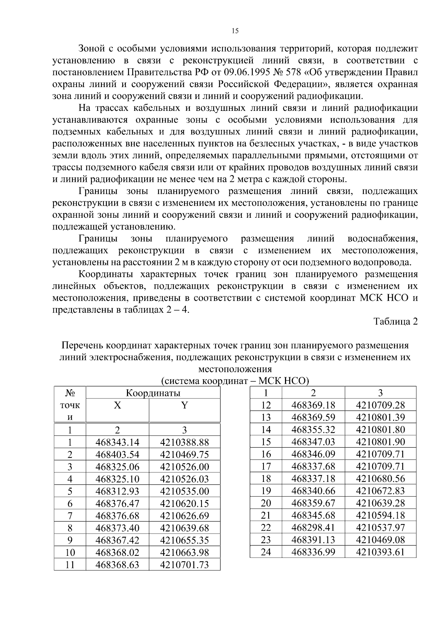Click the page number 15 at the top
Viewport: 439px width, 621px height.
[x=235, y=31]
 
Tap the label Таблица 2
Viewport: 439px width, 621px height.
[x=395, y=321]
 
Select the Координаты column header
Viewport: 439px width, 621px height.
[x=153, y=393]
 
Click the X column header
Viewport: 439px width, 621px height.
[x=117, y=405]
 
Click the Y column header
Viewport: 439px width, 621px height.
[x=184, y=405]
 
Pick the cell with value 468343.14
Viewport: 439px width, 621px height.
[x=117, y=442]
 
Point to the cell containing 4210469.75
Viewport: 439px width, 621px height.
[x=184, y=455]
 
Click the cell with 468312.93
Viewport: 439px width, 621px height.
[x=117, y=491]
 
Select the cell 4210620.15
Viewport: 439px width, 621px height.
[x=184, y=504]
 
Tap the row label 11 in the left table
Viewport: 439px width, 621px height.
[x=70, y=565]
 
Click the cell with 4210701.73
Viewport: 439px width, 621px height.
[x=184, y=565]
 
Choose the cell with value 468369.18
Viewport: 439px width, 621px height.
[x=313, y=405]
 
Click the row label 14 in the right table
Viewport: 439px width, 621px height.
[x=266, y=430]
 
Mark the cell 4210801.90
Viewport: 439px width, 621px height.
[x=380, y=442]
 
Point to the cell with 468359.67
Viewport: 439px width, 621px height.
[x=313, y=503]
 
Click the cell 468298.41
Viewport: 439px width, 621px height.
[x=313, y=527]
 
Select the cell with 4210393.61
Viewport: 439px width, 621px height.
[x=380, y=552]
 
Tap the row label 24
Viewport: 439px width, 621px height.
[x=266, y=552]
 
